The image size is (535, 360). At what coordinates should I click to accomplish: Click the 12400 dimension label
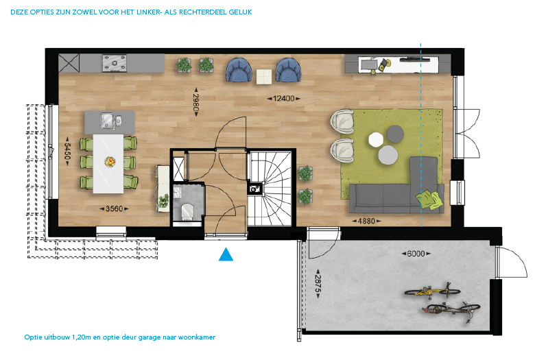[x=283, y=99]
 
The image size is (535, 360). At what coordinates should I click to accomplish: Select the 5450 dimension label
[x=67, y=151]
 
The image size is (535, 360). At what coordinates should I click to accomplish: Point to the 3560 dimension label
[x=115, y=208]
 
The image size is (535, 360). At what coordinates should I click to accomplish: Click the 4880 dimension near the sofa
[x=366, y=221]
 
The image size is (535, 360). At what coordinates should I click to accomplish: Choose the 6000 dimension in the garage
[x=416, y=254]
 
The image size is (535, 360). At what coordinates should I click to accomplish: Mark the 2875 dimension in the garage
[x=318, y=284]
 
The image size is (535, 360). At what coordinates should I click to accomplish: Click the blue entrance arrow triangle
[x=226, y=254]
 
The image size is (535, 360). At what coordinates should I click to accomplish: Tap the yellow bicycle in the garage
[x=432, y=289]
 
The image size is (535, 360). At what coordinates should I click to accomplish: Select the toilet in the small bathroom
[x=187, y=211]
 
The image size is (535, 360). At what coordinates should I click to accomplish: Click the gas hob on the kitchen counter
[x=115, y=63]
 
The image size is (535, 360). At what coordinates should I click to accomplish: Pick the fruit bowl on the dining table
[x=110, y=161]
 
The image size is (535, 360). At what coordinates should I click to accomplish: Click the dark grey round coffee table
[x=396, y=134]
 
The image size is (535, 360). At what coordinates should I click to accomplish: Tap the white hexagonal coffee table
[x=376, y=140]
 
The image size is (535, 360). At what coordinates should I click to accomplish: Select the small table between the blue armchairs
[x=264, y=76]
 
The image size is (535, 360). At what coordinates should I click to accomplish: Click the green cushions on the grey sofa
[x=429, y=200]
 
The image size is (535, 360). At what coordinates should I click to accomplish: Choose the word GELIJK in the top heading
[x=240, y=12]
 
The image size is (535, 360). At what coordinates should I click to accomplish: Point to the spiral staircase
[x=269, y=189]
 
